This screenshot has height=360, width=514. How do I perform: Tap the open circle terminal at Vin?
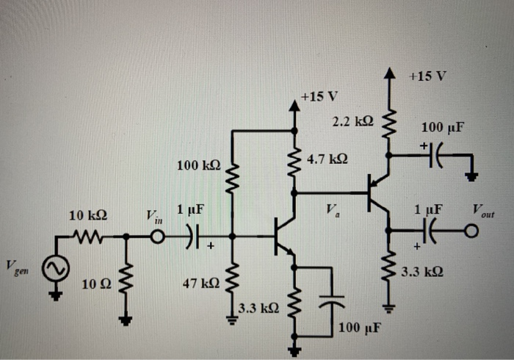pos(157,237)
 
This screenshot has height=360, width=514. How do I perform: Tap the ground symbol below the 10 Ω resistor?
pos(126,320)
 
